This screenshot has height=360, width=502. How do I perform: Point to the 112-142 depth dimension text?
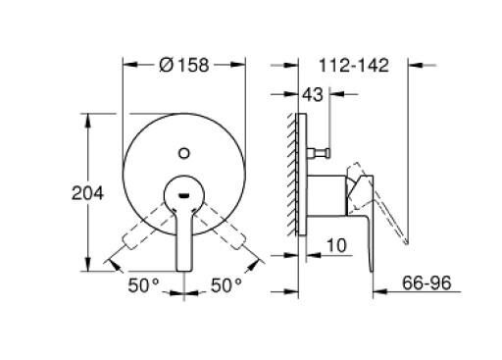point(354,66)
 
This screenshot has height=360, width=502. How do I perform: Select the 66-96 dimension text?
point(428,283)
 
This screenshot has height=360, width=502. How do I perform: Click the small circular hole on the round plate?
point(185,152)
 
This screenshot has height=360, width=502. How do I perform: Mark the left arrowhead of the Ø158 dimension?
point(126,66)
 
